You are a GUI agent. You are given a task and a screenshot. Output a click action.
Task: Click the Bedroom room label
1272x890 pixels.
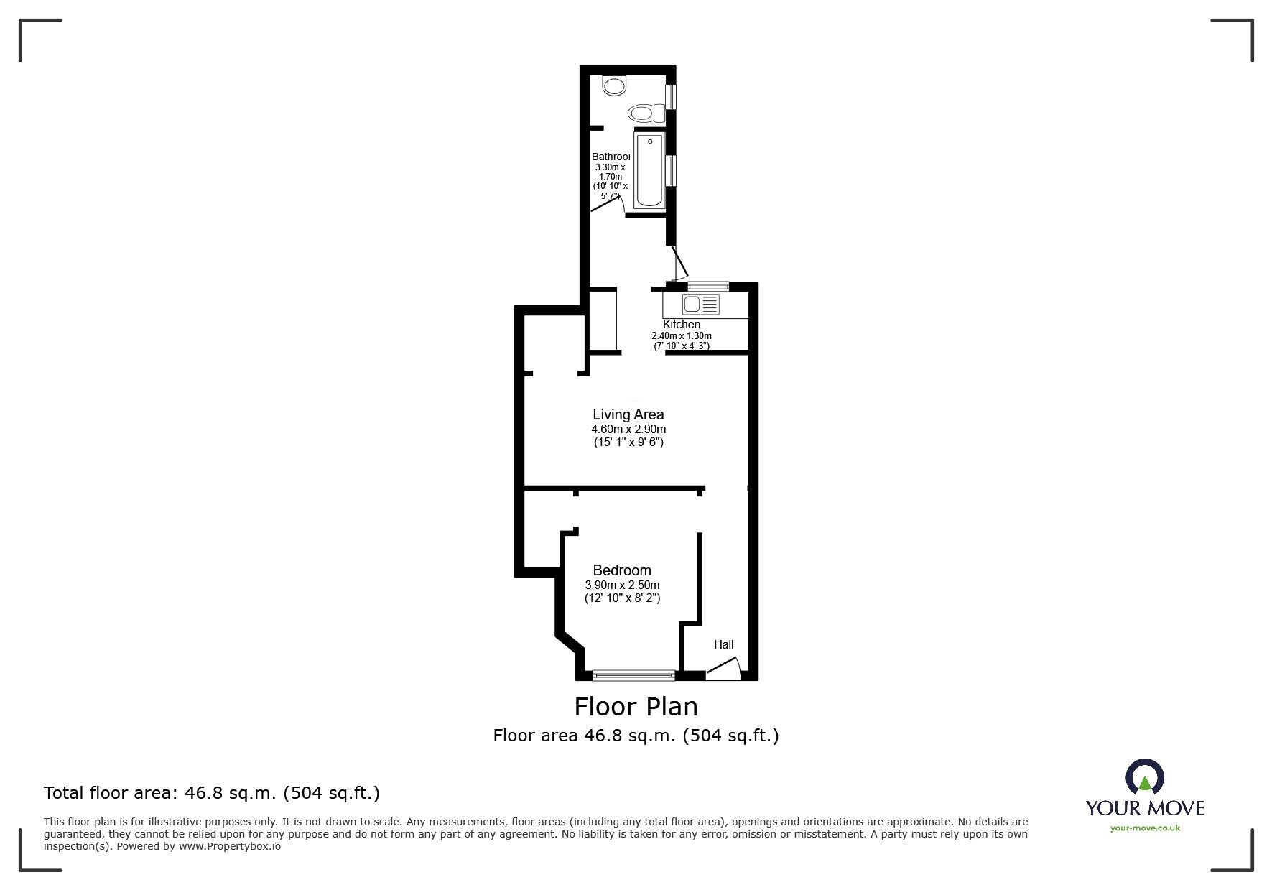(x=622, y=571)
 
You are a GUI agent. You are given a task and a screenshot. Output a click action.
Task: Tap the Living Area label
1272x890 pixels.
(x=628, y=414)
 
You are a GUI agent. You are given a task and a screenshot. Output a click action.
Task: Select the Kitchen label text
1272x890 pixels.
(x=681, y=325)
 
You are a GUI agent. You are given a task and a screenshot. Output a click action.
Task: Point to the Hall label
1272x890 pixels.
(x=723, y=644)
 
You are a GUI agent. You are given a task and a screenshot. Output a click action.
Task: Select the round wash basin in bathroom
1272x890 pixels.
(x=613, y=86)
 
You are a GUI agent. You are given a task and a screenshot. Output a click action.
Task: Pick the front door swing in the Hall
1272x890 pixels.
(x=724, y=670)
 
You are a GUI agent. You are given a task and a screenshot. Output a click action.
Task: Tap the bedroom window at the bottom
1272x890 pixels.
(x=633, y=675)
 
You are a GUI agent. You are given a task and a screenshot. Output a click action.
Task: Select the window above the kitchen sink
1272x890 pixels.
(x=707, y=286)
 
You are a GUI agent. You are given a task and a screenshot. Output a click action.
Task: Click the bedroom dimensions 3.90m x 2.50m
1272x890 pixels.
(x=622, y=585)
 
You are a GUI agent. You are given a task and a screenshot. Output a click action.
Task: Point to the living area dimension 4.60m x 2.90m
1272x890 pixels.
(x=628, y=430)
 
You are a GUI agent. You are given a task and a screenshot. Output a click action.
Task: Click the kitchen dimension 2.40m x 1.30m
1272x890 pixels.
(x=681, y=336)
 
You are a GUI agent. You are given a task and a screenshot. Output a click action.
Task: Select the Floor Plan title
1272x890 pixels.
(x=636, y=707)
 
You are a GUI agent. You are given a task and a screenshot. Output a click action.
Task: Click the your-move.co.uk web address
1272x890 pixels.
(x=1145, y=828)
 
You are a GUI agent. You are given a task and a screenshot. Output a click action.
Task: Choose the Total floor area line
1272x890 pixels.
(x=212, y=793)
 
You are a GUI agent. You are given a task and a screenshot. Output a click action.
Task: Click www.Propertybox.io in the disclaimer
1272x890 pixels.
(x=230, y=846)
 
